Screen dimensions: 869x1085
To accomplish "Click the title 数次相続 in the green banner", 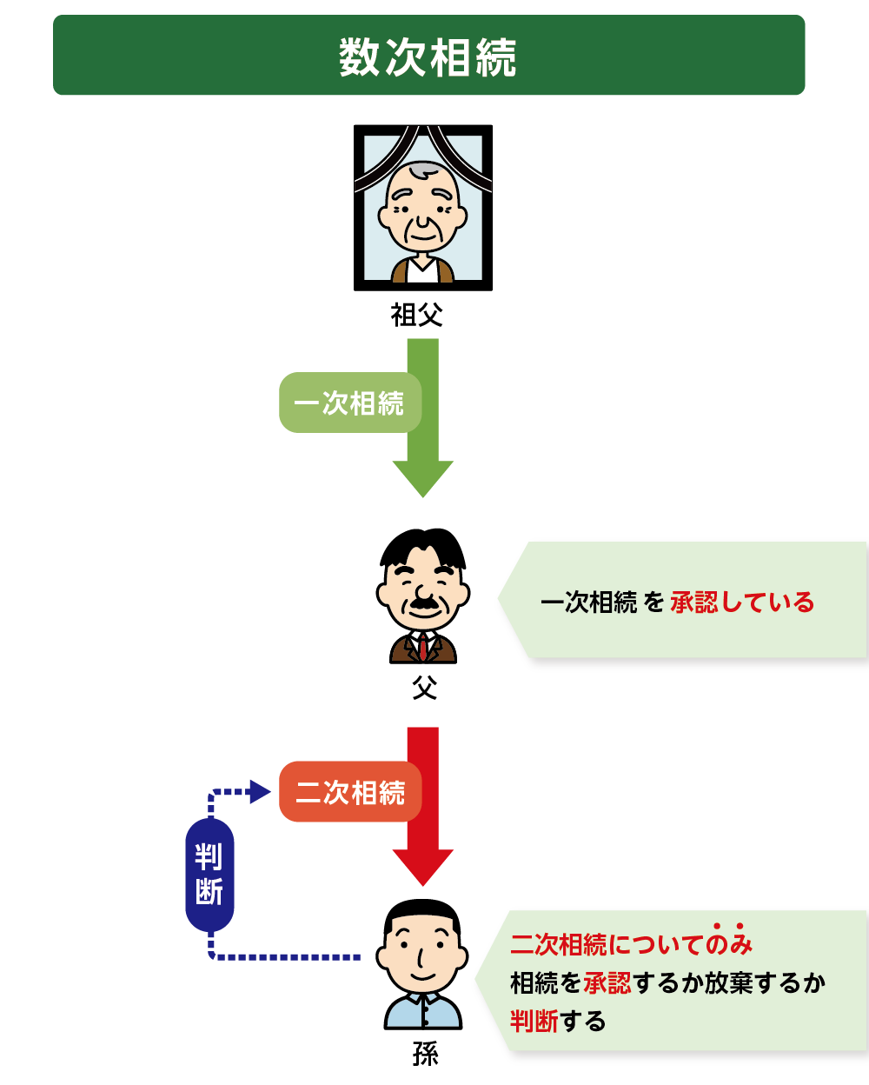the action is click(428, 57).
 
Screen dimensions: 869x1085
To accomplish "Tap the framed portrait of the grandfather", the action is click(423, 208).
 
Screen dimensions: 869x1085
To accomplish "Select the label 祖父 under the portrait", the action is click(416, 315).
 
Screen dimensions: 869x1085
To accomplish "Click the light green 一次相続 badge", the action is click(350, 403).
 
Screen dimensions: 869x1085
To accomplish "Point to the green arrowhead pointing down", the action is click(423, 478).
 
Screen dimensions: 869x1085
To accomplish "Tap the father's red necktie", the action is click(423, 647).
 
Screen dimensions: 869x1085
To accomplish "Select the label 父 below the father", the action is click(424, 688).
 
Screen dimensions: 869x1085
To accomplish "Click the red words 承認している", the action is click(742, 602).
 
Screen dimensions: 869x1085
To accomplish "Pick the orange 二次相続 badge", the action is click(350, 791).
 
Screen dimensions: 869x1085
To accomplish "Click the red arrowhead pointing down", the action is click(423, 867).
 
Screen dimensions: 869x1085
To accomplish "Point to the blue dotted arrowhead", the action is click(260, 791).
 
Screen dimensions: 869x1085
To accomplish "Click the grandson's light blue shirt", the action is click(423, 1011).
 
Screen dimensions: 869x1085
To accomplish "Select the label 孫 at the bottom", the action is click(425, 1054).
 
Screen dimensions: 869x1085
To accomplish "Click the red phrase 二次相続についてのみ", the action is click(631, 944).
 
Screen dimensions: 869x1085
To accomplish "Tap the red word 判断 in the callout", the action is click(534, 1022).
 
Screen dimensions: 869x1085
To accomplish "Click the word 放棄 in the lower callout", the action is click(729, 982).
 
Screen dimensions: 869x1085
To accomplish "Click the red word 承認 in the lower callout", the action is click(607, 982).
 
